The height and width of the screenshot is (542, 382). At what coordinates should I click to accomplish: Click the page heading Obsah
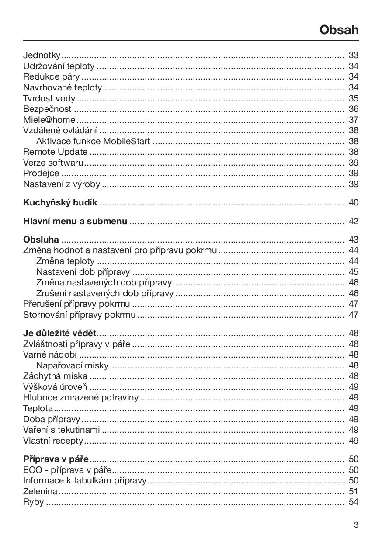click(x=339, y=30)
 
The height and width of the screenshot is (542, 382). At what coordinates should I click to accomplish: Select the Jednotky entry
click(x=42, y=55)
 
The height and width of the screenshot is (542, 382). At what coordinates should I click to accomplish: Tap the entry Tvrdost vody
click(x=49, y=98)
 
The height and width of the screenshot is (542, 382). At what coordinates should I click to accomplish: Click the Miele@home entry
click(x=49, y=120)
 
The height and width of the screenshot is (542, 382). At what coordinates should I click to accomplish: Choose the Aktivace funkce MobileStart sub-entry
click(x=93, y=141)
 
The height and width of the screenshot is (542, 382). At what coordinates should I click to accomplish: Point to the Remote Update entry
click(x=55, y=152)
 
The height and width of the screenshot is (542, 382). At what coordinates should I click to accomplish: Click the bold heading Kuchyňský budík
click(x=60, y=203)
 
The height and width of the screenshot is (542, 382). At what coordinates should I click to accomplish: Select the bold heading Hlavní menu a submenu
click(x=75, y=221)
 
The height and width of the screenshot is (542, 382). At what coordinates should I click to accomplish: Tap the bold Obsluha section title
click(x=41, y=240)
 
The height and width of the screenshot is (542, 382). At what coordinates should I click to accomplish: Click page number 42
click(x=353, y=221)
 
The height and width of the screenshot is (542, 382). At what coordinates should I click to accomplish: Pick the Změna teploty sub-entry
click(x=65, y=261)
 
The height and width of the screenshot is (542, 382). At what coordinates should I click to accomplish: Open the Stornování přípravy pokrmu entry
click(x=79, y=315)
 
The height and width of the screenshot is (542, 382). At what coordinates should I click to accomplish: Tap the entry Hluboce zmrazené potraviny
click(x=81, y=397)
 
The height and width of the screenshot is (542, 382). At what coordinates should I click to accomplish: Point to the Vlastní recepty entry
click(x=53, y=441)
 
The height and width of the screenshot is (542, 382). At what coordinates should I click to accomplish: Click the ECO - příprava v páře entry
click(x=67, y=470)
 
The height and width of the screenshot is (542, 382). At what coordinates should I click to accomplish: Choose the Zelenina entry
click(x=40, y=491)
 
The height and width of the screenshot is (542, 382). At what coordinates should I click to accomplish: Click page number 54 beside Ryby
click(x=353, y=502)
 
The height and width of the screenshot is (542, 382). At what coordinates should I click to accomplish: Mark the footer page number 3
click(x=356, y=525)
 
